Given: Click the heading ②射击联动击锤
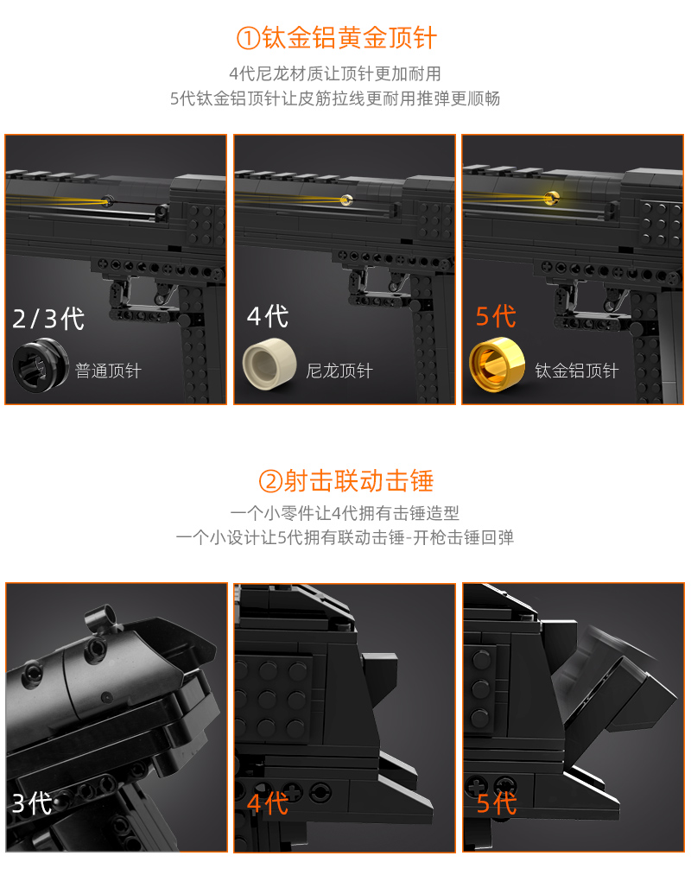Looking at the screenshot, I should pyautogui.click(x=345, y=481).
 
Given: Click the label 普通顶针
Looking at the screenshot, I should pyautogui.click(x=108, y=371).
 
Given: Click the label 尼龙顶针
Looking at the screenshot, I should pyautogui.click(x=339, y=371).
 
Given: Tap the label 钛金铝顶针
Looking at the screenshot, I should pyautogui.click(x=577, y=371).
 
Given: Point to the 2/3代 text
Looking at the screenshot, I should pyautogui.click(x=49, y=319).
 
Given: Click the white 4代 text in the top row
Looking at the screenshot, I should pyautogui.click(x=269, y=316).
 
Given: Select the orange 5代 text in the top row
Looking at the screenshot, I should pyautogui.click(x=496, y=316).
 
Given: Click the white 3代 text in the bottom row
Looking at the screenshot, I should pyautogui.click(x=32, y=804).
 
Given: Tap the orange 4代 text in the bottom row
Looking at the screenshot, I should pyautogui.click(x=268, y=803).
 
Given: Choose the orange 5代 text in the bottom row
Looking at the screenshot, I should pyautogui.click(x=497, y=803).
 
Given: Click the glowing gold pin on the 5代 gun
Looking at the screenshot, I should pyautogui.click(x=550, y=199).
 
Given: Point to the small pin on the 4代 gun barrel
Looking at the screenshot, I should pyautogui.click(x=345, y=200).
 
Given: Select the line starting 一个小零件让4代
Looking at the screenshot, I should pyautogui.click(x=345, y=513).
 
